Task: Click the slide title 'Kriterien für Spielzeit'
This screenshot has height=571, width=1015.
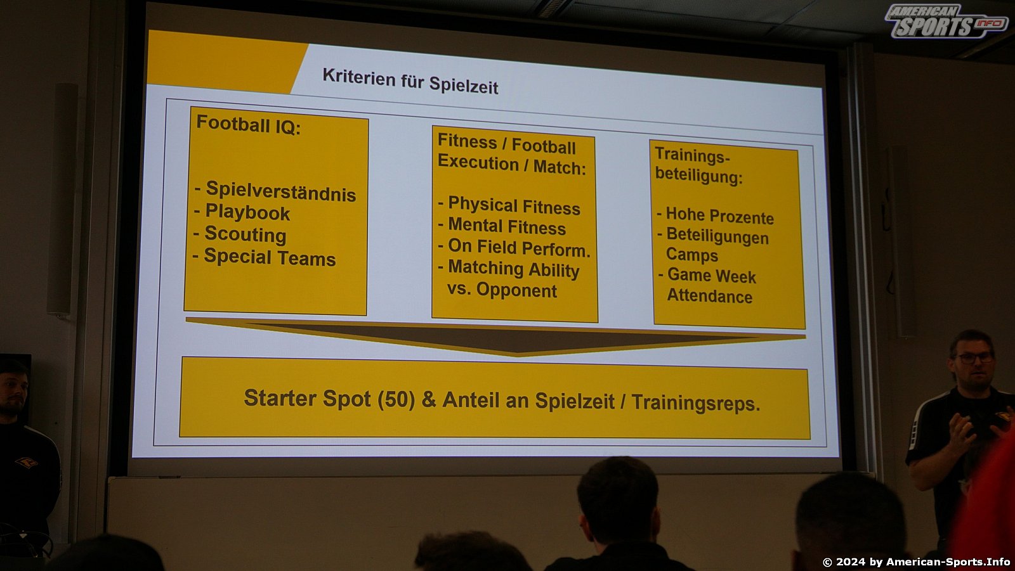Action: click(410, 82)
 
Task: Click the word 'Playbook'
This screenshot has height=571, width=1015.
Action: click(247, 213)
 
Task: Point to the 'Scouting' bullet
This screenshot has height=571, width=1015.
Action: click(245, 234)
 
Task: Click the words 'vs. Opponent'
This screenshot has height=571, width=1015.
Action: click(502, 290)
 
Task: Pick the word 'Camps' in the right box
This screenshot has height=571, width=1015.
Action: click(692, 255)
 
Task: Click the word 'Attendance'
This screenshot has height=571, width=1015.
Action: click(710, 296)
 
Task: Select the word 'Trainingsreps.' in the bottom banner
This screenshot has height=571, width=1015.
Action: click(695, 402)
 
